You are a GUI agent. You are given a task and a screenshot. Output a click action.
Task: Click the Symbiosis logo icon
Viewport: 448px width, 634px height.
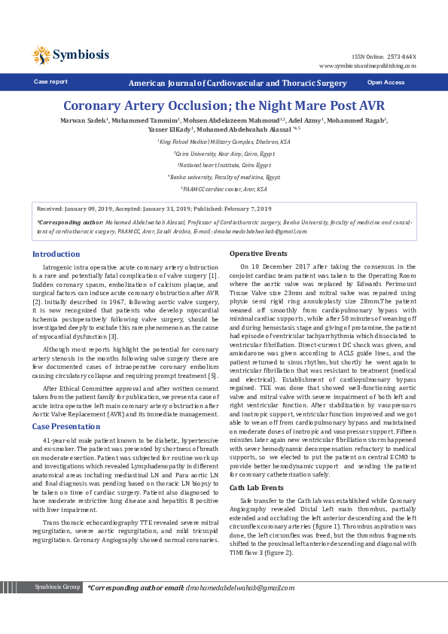(x=41, y=55)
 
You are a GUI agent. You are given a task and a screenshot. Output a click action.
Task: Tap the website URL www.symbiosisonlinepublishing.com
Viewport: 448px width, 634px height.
(x=367, y=66)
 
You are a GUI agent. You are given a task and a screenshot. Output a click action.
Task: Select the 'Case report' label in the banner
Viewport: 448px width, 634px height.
(x=50, y=82)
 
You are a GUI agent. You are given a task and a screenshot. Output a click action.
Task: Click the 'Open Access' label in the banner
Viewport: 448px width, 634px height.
(x=386, y=82)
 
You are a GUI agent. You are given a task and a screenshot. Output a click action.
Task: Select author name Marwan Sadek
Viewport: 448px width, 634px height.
(x=83, y=120)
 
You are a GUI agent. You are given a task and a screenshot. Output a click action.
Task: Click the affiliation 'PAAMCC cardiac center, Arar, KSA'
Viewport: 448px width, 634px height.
(x=224, y=189)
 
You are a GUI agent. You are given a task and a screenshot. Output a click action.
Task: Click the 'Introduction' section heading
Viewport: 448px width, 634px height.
(x=56, y=255)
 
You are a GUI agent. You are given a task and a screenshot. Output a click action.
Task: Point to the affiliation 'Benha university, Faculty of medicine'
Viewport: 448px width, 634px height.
(x=224, y=177)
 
